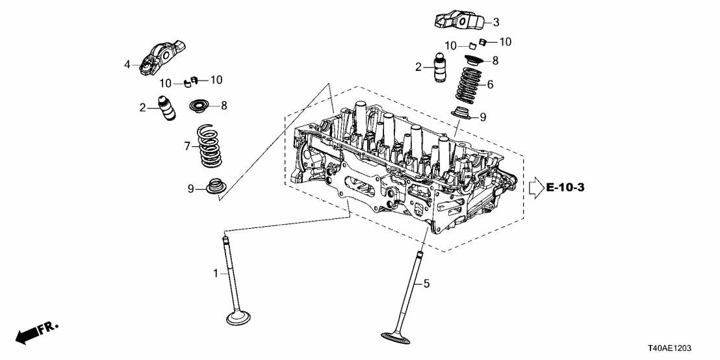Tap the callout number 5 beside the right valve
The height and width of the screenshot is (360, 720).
click(x=427, y=283)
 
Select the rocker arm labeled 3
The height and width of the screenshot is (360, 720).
click(x=459, y=22)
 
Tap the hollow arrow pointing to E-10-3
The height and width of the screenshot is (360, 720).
click(x=535, y=188)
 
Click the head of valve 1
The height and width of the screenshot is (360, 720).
click(x=238, y=318)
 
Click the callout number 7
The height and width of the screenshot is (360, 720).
click(x=186, y=146)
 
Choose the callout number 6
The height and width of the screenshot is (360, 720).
click(x=490, y=84)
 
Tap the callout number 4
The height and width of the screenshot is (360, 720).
click(x=128, y=64)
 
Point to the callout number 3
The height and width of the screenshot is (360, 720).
click(x=496, y=23)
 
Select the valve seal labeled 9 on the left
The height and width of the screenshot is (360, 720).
click(x=214, y=187)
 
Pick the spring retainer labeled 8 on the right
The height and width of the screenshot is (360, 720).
click(x=474, y=62)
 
